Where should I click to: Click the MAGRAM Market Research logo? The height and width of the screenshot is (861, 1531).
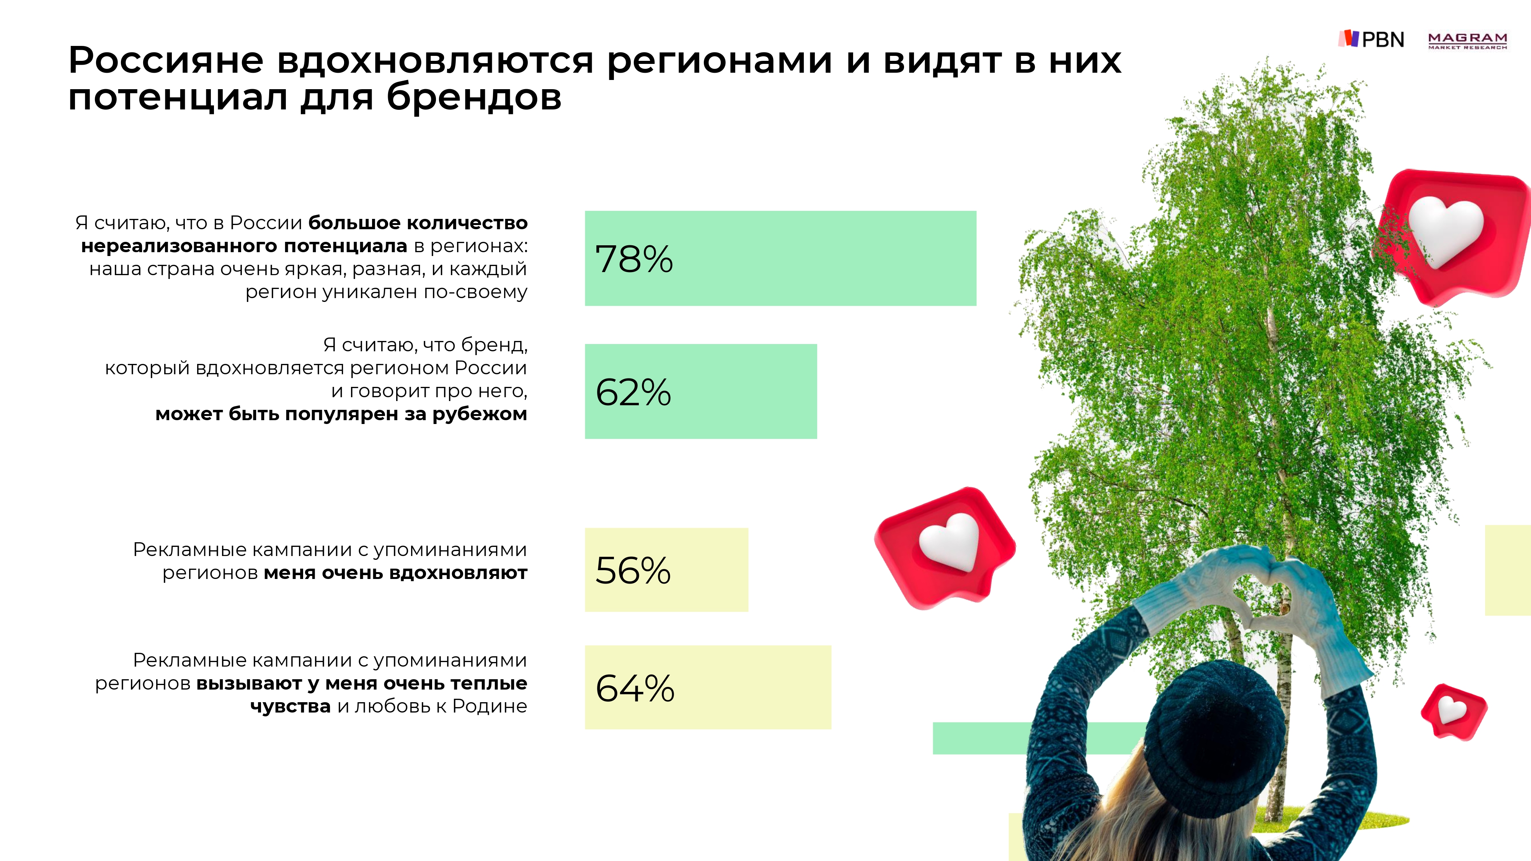tap(1467, 41)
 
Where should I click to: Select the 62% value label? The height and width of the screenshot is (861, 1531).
tap(633, 392)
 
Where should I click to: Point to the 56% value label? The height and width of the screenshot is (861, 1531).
tap(633, 571)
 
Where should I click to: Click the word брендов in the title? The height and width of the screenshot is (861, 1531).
tap(474, 97)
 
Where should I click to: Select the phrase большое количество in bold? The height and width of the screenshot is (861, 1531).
tap(418, 223)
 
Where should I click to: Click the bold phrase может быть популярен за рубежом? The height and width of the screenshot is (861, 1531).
tap(341, 414)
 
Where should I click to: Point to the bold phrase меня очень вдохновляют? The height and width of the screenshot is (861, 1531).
tap(395, 573)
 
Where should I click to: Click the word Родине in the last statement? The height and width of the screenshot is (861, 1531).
tap(489, 706)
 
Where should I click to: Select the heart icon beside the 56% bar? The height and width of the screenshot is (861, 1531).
tap(945, 547)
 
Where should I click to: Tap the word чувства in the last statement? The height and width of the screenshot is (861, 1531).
tap(290, 706)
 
